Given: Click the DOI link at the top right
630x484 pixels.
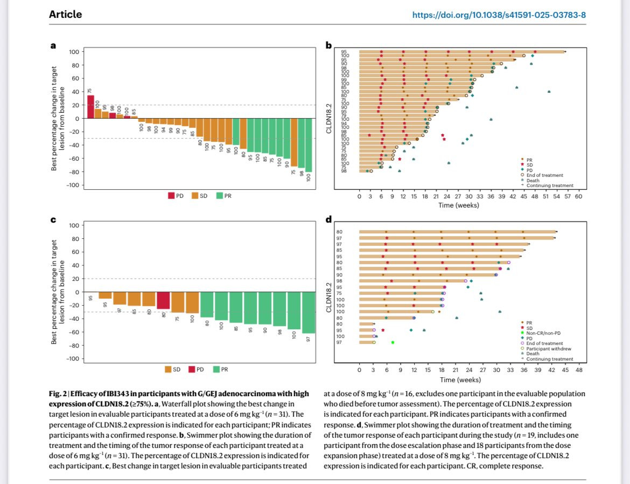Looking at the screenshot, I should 499,15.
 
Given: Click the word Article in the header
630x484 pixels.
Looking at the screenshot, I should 66,15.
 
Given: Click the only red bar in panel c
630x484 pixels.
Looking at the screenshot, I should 164,301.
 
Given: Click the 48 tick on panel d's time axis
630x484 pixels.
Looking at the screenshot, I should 579,371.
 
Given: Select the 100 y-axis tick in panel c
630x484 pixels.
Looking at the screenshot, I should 73,225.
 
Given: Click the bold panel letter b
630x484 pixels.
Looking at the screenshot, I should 329,46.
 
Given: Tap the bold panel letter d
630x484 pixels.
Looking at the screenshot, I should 329,219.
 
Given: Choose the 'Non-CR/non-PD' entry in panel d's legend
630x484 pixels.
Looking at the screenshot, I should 544,334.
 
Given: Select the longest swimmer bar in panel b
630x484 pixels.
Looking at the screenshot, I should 461,52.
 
